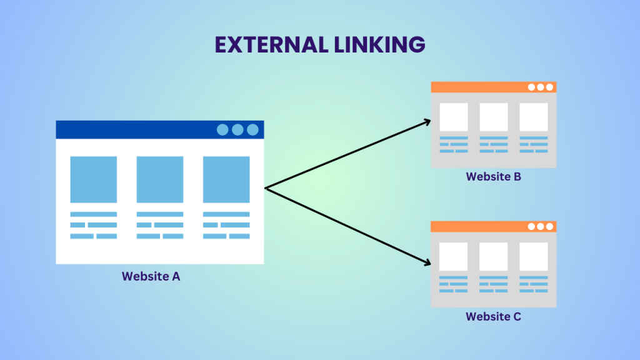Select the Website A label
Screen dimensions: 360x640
[151, 276]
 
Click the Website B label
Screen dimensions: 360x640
[493, 176]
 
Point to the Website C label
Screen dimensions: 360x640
[493, 316]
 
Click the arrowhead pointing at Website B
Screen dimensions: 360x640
[427, 121]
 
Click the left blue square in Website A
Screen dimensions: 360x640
[93, 179]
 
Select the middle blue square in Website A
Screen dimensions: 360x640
[160, 179]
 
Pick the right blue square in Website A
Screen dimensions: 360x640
[226, 179]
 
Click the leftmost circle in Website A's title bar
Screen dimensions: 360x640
[222, 129]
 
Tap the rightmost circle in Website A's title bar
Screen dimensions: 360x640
[252, 129]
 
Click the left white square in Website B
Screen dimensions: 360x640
[454, 117]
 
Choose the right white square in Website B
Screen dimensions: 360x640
[534, 117]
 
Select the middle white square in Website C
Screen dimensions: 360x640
[494, 256]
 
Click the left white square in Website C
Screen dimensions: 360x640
[454, 256]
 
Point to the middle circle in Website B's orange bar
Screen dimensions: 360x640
[541, 87]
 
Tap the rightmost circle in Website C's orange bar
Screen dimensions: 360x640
[549, 226]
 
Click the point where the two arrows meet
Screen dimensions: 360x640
[266, 187]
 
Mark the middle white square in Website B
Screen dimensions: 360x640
[494, 117]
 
